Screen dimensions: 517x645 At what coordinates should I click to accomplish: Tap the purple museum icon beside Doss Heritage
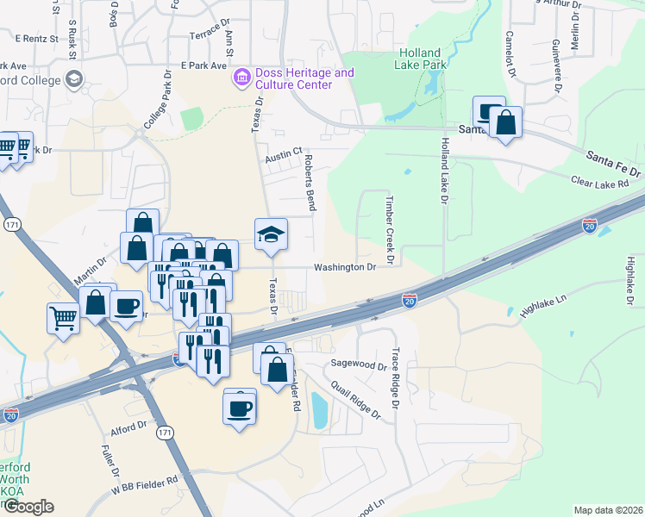241,79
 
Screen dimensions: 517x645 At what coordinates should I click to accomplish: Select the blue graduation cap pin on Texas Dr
271,234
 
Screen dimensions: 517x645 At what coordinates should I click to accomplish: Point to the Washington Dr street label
345,267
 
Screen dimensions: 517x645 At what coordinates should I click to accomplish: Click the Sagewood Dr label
359,365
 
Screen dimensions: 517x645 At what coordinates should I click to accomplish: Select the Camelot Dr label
510,55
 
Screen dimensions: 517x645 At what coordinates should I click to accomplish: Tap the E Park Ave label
204,65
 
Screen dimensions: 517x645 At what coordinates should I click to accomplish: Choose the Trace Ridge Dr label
396,379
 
